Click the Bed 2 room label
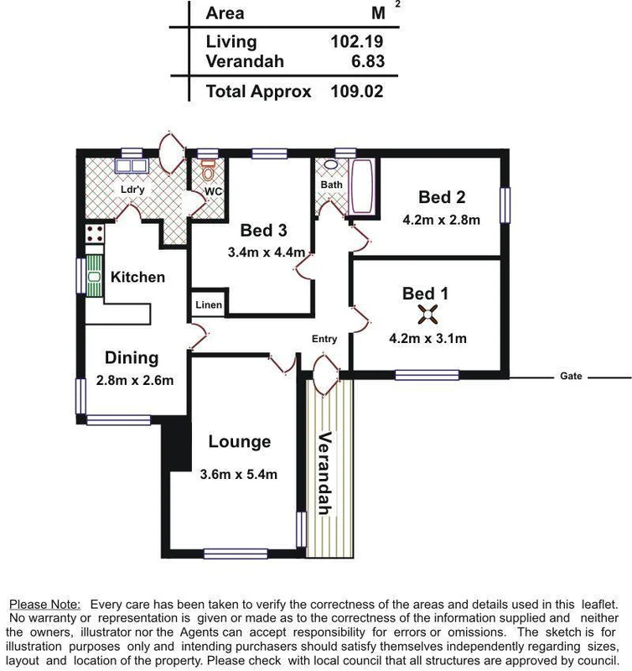442,197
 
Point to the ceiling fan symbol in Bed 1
427,315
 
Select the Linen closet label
209,304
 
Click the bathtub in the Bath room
363,187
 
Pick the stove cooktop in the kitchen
93,234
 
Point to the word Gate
571,377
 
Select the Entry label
324,339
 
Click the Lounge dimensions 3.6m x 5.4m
239,474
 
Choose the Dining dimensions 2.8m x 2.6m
134,380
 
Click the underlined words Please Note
44,604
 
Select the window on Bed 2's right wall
505,204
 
